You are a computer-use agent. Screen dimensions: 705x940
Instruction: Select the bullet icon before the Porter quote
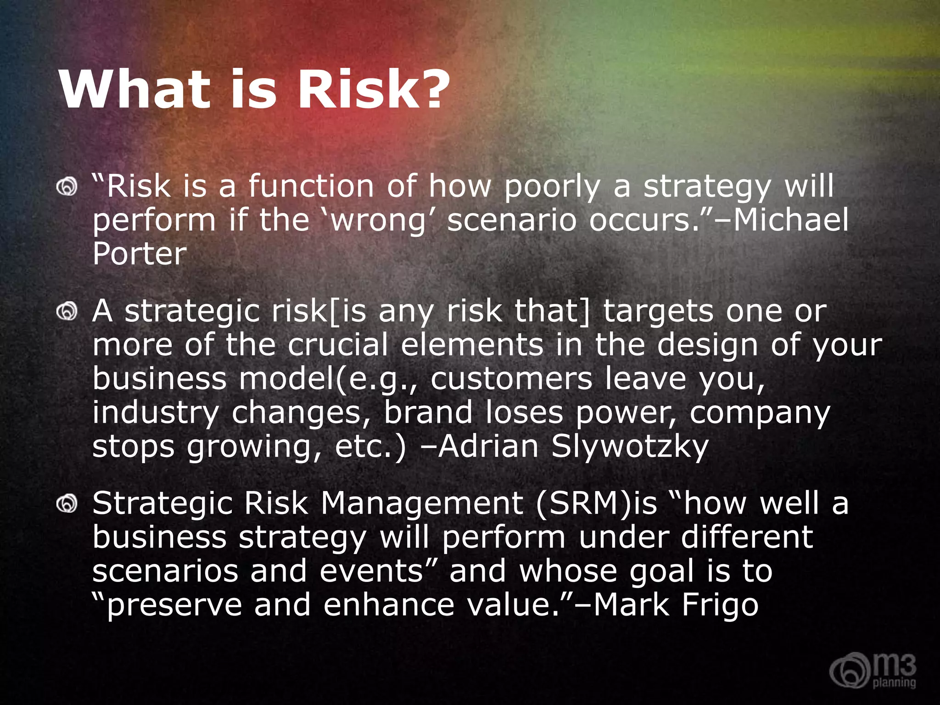point(67,187)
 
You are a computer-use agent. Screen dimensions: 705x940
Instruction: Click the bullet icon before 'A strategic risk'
point(67,312)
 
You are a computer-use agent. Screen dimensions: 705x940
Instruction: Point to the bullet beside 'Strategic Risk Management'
point(67,504)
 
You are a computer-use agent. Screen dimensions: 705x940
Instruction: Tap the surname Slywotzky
point(630,446)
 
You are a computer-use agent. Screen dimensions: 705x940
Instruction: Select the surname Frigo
point(720,605)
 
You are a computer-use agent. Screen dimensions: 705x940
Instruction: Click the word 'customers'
point(511,379)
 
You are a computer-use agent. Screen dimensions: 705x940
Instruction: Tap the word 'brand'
point(428,412)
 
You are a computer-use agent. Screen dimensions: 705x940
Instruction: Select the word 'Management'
point(422,504)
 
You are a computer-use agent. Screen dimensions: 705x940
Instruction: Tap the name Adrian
point(488,446)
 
